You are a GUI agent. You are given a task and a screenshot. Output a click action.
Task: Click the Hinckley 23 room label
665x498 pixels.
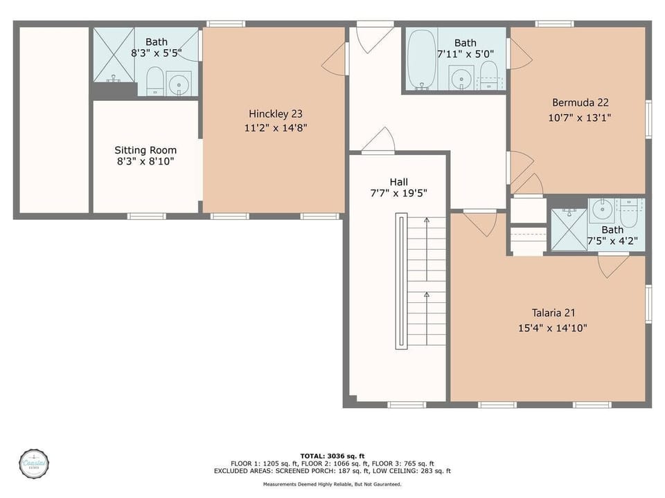(x=276, y=114)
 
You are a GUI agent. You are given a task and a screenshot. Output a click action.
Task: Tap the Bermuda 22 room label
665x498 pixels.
(x=580, y=102)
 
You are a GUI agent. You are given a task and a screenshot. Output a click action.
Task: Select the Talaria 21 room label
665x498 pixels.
(x=553, y=313)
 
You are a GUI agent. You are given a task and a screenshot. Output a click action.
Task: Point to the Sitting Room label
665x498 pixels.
(x=145, y=150)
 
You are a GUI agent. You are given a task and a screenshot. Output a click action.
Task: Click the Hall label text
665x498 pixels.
(x=398, y=181)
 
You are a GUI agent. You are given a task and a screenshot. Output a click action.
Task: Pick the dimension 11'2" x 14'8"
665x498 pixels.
(x=276, y=128)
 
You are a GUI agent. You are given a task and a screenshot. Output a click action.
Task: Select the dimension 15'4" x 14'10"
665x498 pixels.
(x=553, y=328)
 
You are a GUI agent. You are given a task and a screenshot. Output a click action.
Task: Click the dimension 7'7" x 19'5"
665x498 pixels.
(x=398, y=194)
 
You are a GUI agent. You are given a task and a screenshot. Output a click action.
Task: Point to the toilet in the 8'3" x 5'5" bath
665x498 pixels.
(x=154, y=82)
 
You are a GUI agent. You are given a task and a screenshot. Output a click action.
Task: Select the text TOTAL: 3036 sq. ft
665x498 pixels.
(x=332, y=456)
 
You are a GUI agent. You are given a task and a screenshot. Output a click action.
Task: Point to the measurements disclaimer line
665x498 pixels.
(x=332, y=484)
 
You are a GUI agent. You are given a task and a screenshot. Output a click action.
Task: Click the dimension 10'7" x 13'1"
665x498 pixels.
(x=580, y=118)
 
